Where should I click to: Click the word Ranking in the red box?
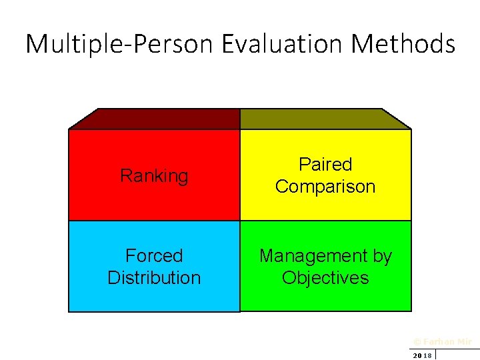click(154, 176)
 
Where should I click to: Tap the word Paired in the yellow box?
click(325, 164)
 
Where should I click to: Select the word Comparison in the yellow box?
click(325, 187)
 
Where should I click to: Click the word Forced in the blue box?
click(154, 255)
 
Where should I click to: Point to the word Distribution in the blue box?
click(154, 278)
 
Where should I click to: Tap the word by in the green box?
click(379, 255)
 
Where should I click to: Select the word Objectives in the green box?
click(325, 278)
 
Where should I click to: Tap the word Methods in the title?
click(403, 45)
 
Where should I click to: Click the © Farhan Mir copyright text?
click(443, 341)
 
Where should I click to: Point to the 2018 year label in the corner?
click(422, 355)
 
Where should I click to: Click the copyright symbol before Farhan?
click(417, 341)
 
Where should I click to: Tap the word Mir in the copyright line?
click(464, 341)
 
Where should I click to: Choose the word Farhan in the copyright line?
click(438, 341)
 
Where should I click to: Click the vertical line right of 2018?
click(435, 354)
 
